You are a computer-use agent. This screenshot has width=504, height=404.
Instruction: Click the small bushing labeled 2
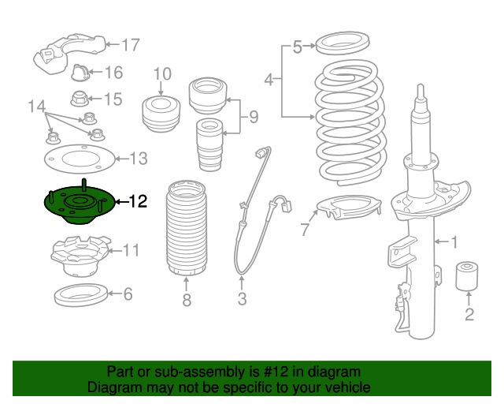[469, 275]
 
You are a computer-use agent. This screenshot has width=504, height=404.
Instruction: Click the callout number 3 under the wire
[242, 299]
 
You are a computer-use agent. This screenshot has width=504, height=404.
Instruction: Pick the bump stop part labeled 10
[161, 114]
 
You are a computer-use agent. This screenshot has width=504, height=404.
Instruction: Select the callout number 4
[269, 79]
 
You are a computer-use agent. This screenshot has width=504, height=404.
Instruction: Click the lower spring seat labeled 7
[346, 210]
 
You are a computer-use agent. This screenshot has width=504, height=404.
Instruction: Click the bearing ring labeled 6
[81, 296]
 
